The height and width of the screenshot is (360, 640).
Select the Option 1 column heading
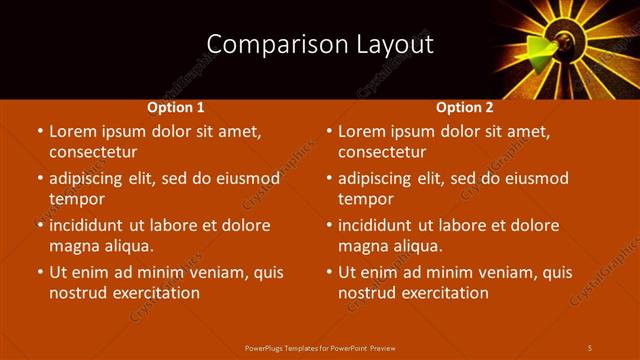pos(176,107)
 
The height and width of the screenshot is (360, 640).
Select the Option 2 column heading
pos(465,107)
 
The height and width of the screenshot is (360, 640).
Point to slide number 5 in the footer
pos(590,347)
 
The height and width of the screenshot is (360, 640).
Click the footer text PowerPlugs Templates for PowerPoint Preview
pos(320,347)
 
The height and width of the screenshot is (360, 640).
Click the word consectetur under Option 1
pos(92,152)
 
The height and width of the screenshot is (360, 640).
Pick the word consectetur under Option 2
pos(382,152)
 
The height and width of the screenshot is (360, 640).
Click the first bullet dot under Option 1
pos(38,131)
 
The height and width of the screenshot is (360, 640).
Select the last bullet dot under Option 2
pos(328,272)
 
